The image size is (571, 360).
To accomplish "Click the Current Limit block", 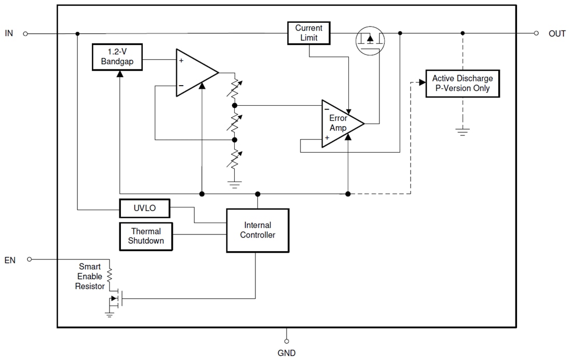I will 309,33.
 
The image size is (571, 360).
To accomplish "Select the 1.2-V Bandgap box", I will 117,57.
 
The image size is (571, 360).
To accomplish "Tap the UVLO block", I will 144,209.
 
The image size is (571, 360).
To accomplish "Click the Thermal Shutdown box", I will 146,236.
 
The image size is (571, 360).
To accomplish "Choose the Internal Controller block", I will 257,230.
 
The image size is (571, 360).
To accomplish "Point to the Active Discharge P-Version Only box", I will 463,84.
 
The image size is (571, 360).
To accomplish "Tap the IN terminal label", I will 9,33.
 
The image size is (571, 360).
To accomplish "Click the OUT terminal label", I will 557,34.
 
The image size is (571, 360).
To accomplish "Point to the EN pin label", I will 10,260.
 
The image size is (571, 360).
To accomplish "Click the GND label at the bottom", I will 287,353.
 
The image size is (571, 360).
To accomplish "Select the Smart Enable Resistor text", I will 90,276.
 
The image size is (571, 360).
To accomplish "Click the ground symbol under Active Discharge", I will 463,131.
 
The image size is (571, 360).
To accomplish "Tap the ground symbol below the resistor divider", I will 235,184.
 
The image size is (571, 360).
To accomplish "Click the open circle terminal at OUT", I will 536,33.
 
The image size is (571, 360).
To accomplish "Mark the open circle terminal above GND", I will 287,341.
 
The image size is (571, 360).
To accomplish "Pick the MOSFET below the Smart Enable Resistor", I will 115,299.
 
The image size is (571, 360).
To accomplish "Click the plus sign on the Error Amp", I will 328,138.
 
